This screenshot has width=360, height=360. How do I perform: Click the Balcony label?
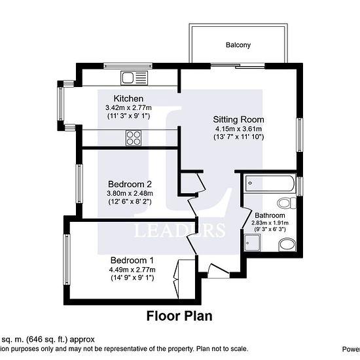click(238, 45)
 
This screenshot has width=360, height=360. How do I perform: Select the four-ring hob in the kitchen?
click(134, 137)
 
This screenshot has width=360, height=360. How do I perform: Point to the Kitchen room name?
click(128, 98)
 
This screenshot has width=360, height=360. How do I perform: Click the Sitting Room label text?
click(238, 120)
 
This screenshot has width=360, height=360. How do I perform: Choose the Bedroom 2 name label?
click(130, 184)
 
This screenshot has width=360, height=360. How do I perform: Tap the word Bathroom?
click(270, 215)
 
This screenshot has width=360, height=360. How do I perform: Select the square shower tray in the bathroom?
click(253, 243)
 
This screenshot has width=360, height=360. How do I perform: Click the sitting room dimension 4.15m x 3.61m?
click(238, 129)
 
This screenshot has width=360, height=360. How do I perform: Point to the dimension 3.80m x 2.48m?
click(130, 193)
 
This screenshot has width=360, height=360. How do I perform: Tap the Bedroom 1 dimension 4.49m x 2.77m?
click(132, 269)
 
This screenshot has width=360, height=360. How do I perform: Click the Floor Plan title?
click(179, 316)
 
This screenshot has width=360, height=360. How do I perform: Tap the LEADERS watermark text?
click(180, 230)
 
